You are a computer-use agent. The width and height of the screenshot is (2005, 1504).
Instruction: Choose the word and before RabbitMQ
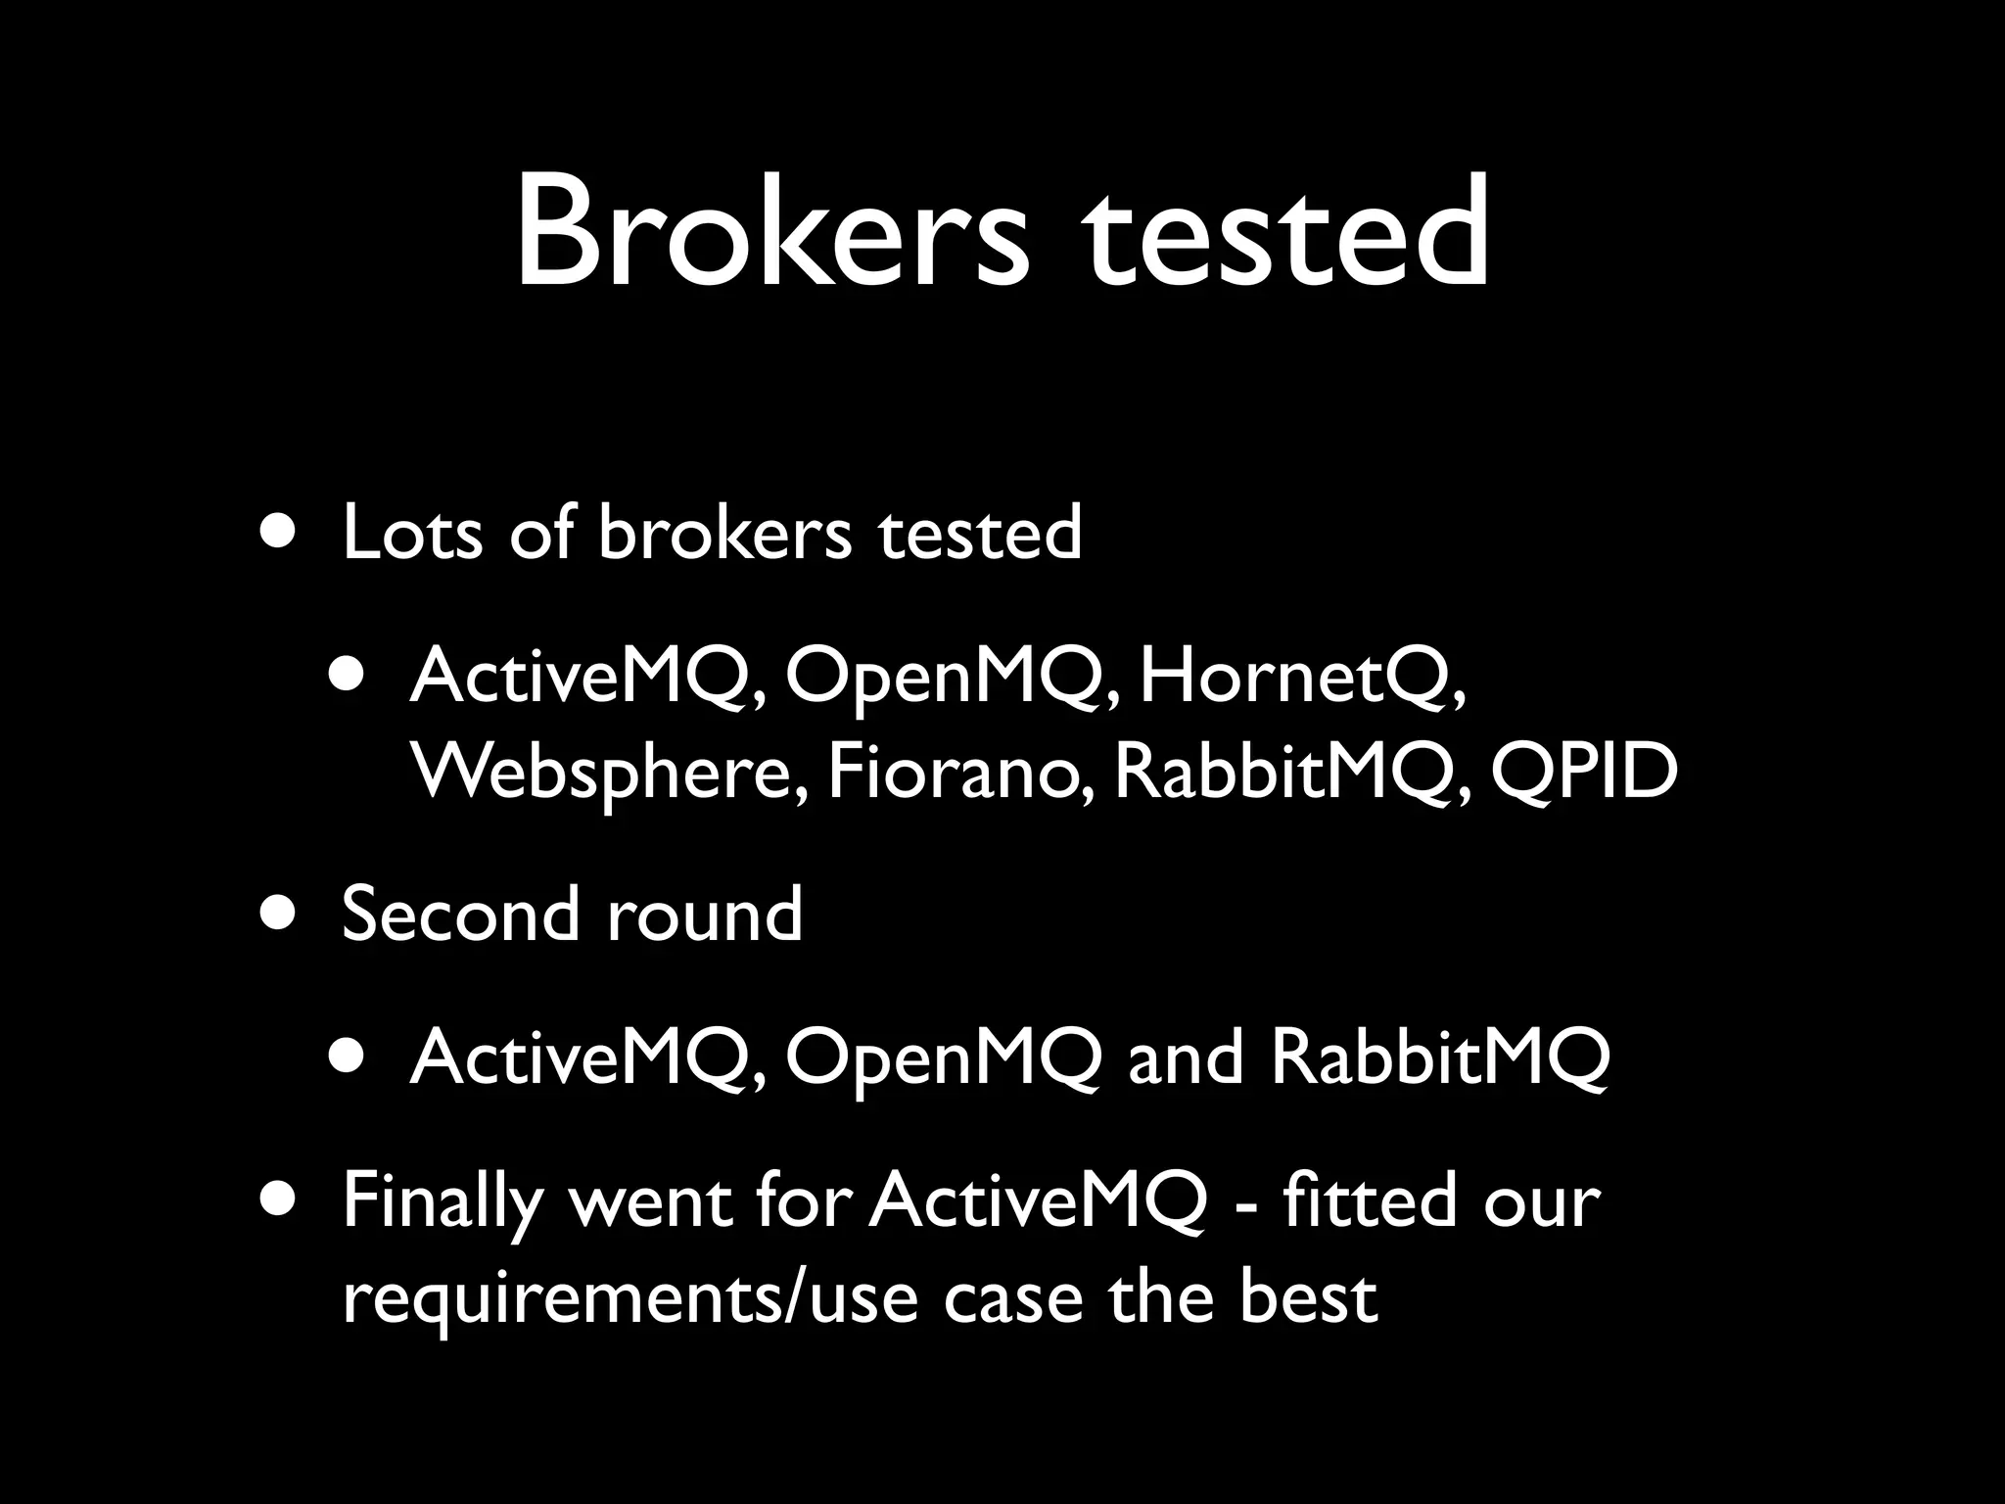click(x=1186, y=1058)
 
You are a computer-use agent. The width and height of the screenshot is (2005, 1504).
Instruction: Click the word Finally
click(x=443, y=1203)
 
